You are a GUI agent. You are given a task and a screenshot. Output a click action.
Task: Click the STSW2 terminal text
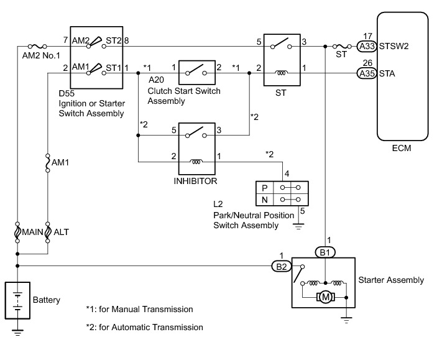click(394, 45)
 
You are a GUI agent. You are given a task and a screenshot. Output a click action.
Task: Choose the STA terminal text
click(387, 73)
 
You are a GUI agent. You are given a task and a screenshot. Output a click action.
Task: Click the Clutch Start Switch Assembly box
click(198, 73)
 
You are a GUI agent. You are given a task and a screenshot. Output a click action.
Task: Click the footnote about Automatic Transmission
click(144, 327)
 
